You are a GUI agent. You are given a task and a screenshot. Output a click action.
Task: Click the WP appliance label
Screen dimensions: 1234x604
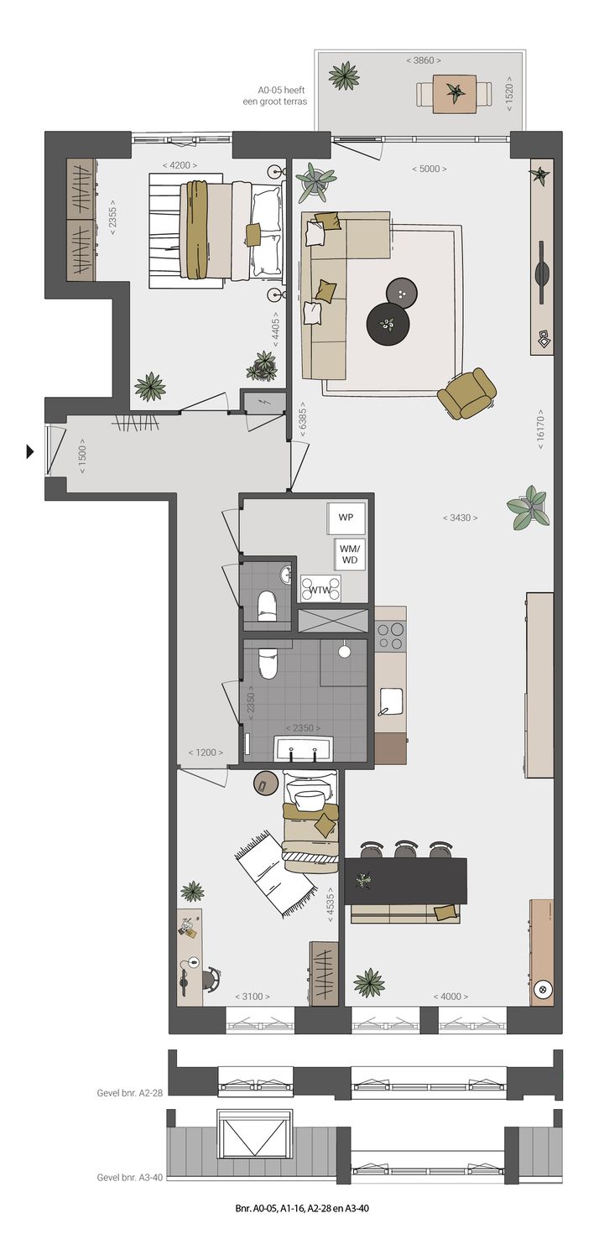pyautogui.click(x=346, y=518)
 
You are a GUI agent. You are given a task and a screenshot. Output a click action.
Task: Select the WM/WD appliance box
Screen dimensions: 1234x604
pyautogui.click(x=348, y=554)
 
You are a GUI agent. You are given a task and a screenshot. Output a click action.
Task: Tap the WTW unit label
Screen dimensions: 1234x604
pyautogui.click(x=320, y=590)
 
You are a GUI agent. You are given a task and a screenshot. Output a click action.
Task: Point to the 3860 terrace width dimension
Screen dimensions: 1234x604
pyautogui.click(x=423, y=60)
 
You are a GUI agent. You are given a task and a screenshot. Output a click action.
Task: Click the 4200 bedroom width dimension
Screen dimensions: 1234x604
pyautogui.click(x=183, y=165)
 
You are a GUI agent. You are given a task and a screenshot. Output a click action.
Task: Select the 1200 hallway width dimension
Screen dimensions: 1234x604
pyautogui.click(x=206, y=752)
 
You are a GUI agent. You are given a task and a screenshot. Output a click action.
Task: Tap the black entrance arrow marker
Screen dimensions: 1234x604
pyautogui.click(x=30, y=452)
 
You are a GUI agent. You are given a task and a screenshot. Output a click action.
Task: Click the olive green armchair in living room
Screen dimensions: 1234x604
pyautogui.click(x=466, y=393)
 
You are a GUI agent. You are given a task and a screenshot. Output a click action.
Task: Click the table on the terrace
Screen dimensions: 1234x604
pyautogui.click(x=455, y=94)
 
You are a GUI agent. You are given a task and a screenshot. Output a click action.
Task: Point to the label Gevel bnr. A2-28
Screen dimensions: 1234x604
pyautogui.click(x=129, y=1093)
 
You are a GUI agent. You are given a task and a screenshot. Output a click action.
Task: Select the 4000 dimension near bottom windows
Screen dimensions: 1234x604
pyautogui.click(x=450, y=997)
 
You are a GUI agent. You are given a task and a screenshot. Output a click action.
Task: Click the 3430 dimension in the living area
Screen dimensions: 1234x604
pyautogui.click(x=460, y=518)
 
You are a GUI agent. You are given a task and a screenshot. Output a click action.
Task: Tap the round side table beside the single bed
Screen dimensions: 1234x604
pyautogui.click(x=265, y=784)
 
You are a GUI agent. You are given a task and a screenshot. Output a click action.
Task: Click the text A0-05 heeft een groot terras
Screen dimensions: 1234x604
pyautogui.click(x=282, y=95)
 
